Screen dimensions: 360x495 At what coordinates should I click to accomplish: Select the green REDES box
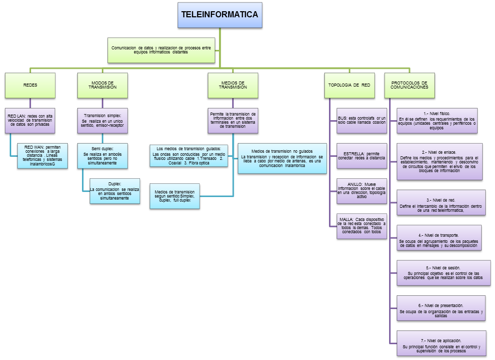point(30,85)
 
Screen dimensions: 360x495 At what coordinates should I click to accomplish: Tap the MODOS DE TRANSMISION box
point(103,85)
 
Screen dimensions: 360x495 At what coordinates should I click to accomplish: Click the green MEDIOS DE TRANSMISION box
point(233,85)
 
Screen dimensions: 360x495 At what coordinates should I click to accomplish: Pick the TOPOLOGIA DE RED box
point(351,85)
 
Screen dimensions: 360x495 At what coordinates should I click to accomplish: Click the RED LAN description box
point(30,120)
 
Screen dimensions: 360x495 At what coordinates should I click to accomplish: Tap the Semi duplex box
point(104,155)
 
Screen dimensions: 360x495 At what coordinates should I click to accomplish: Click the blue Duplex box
point(115,191)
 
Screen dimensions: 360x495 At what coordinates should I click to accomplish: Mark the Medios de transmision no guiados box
point(282,158)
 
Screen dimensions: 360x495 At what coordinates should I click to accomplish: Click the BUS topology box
point(362,120)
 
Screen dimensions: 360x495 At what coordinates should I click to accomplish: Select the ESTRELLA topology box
point(362,155)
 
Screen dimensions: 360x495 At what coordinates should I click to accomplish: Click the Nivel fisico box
point(437,120)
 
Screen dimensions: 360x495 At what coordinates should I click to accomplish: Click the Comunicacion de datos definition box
point(161,49)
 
